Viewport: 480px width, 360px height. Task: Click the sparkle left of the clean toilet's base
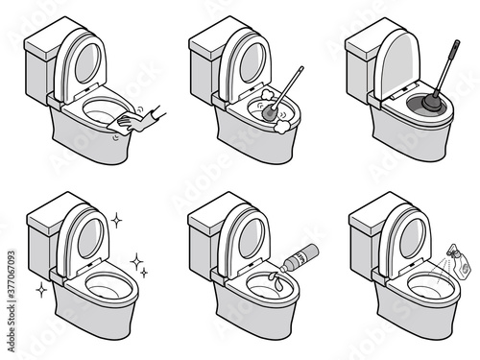(x=39, y=289)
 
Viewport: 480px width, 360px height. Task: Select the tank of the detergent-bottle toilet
(x=206, y=234)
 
